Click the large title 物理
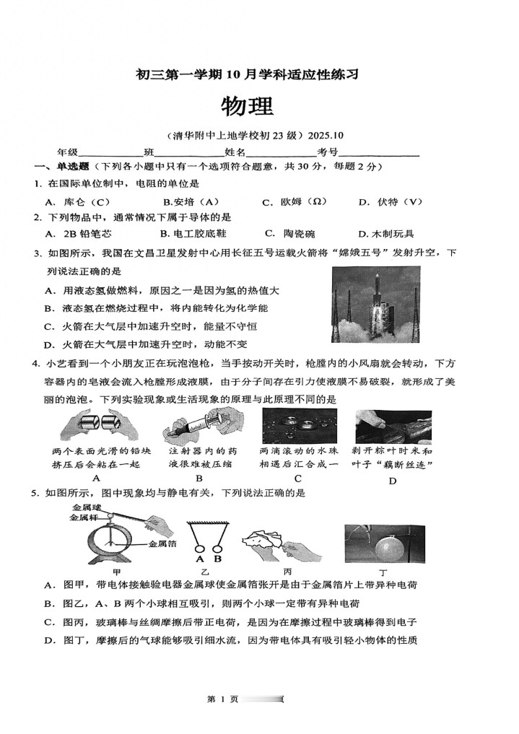pyautogui.click(x=248, y=106)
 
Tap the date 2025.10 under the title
pyautogui.click(x=326, y=135)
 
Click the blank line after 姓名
pyautogui.click(x=281, y=152)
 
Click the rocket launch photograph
pyautogui.click(x=375, y=305)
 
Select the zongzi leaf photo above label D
pyautogui.click(x=393, y=426)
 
